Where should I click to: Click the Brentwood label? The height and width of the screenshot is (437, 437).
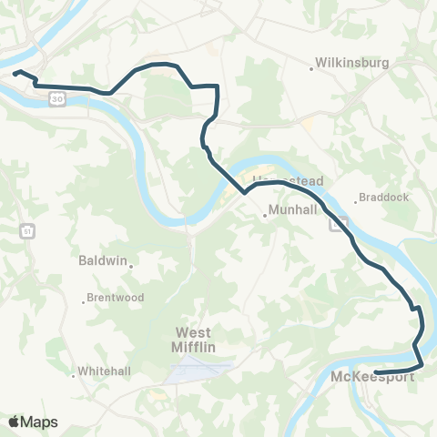tap(116, 298)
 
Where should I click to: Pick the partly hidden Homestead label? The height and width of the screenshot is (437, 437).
tap(287, 180)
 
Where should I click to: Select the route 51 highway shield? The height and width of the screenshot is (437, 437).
tap(26, 231)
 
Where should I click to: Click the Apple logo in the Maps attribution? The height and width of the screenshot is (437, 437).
tap(14, 422)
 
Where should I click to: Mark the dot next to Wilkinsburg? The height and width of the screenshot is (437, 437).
tap(310, 66)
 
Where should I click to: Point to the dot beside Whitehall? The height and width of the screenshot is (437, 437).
tap(74, 373)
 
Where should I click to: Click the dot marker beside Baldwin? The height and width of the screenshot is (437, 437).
tap(131, 266)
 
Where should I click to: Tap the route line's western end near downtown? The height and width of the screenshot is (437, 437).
tap(15, 73)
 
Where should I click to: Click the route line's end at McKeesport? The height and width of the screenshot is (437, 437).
tap(376, 371)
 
